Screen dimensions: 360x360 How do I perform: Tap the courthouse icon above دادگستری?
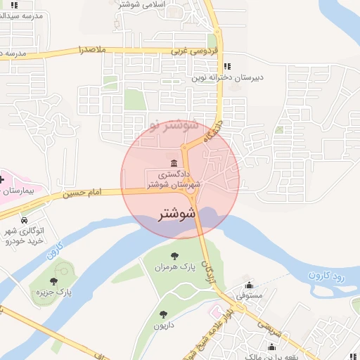pos(174,162)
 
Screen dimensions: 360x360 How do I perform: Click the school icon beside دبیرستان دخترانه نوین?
pos(227,66)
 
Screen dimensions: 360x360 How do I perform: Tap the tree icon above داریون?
pos(164,314)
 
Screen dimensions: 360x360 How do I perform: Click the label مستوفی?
pos(249,297)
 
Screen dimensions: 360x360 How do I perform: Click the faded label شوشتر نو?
pos(172,127)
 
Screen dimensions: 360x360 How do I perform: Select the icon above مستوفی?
pos(249,285)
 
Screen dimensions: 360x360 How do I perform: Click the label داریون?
pos(164,326)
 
